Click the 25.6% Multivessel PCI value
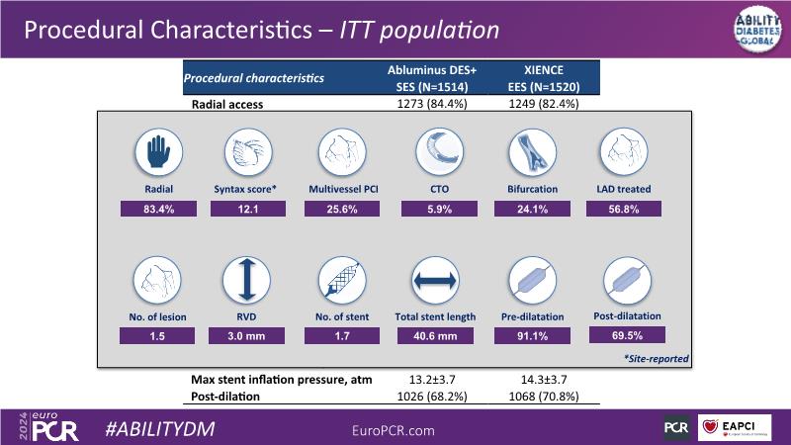point(336,208)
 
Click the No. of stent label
point(336,316)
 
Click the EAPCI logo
point(736,428)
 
